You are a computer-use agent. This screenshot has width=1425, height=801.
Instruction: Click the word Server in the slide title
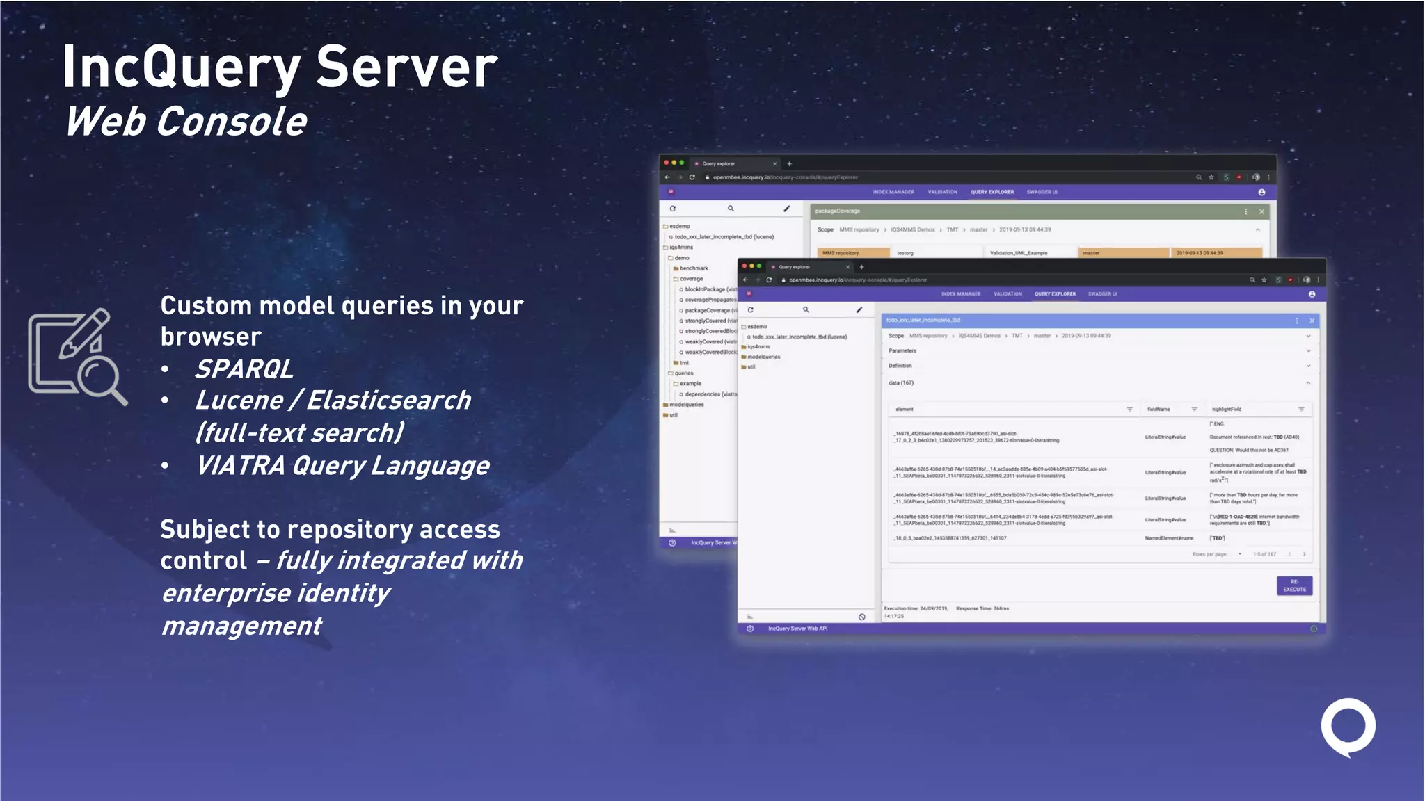407,67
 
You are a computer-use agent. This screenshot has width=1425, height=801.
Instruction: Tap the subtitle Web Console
186,122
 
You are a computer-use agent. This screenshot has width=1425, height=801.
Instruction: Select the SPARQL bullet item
244,369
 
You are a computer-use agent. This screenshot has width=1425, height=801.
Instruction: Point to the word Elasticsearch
388,400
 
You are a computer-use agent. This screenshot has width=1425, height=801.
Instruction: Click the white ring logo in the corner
1348,727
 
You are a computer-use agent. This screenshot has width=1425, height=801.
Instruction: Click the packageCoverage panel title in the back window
838,211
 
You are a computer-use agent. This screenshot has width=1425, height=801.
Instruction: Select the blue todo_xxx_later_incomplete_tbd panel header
923,321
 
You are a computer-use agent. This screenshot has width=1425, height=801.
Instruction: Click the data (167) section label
901,383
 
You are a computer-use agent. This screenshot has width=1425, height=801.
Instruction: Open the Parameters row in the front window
902,351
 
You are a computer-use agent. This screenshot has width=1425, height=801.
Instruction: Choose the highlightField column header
1226,410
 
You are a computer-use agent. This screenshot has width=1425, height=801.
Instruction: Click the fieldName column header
1159,410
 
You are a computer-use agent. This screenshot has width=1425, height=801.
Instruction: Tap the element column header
905,410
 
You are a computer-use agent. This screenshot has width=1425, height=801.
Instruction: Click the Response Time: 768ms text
982,609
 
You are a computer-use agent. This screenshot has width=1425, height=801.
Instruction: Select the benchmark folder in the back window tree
694,268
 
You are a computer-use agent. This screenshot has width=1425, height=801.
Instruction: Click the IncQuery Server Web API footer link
797,629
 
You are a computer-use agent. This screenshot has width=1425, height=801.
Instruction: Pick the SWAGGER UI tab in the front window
1102,294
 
